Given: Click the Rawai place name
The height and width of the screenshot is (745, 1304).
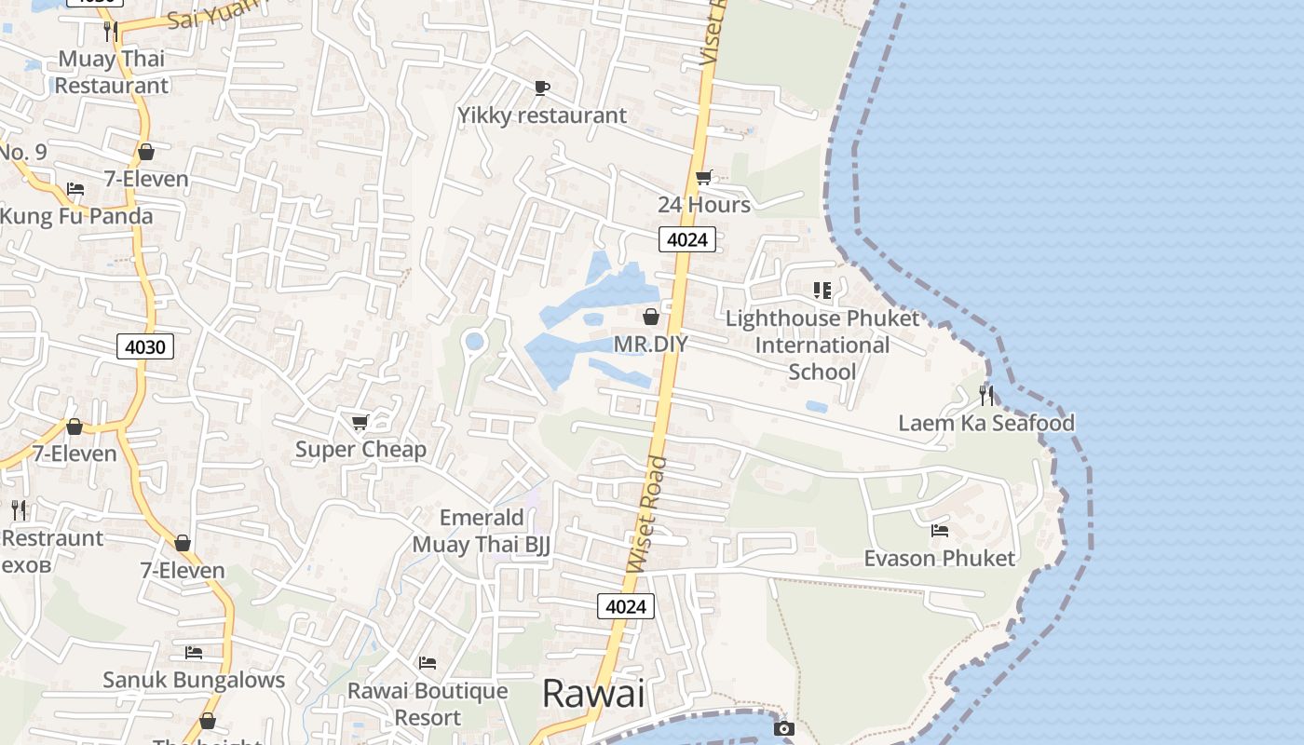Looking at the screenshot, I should (x=593, y=694).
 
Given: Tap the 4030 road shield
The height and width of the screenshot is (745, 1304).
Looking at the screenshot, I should (x=145, y=347).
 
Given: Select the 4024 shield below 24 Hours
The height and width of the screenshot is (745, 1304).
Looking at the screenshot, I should (x=688, y=239).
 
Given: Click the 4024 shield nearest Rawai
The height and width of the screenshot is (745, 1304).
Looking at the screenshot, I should (x=626, y=606).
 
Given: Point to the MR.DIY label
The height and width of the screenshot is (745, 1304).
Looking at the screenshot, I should (x=650, y=344).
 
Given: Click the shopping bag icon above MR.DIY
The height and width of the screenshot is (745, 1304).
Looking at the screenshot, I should (x=651, y=317).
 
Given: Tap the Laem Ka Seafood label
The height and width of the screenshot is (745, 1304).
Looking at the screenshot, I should (x=985, y=423).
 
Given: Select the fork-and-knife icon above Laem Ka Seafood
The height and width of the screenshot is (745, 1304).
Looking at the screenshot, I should (x=985, y=395).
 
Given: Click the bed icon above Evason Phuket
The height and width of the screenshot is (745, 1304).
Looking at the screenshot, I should (x=940, y=531).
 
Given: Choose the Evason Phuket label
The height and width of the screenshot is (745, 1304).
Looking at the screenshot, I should (x=939, y=558).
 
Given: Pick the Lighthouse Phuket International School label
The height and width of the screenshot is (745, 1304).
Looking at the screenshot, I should (x=822, y=345).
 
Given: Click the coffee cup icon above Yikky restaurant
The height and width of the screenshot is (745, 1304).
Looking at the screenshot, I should (x=541, y=88).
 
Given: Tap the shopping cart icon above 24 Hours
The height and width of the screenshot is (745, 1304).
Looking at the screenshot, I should (x=704, y=178).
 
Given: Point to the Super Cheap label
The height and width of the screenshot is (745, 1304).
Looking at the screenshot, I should (x=360, y=449).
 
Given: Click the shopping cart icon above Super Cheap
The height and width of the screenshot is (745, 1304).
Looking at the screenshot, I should (x=360, y=423).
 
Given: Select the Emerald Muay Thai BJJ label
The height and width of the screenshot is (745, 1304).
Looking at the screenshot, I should (x=482, y=531).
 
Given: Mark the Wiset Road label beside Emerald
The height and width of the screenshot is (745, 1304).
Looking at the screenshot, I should (x=647, y=514).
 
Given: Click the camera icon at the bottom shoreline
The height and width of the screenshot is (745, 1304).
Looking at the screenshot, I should (x=784, y=728).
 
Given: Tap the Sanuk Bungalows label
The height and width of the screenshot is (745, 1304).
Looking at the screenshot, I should (x=194, y=680).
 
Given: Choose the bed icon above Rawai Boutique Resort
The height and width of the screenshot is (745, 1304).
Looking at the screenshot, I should (x=428, y=663).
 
